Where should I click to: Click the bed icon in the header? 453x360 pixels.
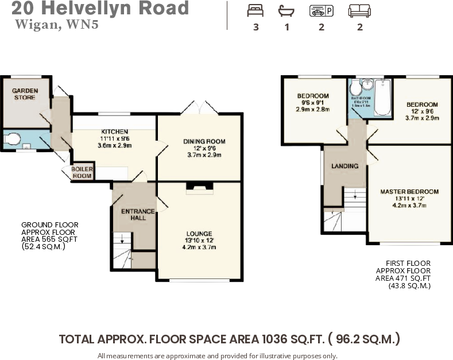pyautogui.click(x=255, y=11)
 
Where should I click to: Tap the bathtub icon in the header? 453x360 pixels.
pyautogui.click(x=285, y=11)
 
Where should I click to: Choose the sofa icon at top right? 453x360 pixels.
pyautogui.click(x=359, y=11)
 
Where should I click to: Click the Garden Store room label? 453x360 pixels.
pyautogui.click(x=25, y=94)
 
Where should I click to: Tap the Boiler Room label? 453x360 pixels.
pyautogui.click(x=82, y=173)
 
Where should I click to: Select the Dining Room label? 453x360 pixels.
pyautogui.click(x=204, y=141)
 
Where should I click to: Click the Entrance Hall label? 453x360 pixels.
pyautogui.click(x=137, y=215)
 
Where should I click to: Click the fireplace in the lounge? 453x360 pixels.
pyautogui.click(x=199, y=187)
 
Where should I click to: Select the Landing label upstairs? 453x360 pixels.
pyautogui.click(x=344, y=166)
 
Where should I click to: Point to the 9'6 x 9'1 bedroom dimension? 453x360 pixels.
pyautogui.click(x=313, y=102)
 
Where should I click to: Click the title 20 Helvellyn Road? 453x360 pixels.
pyautogui.click(x=100, y=9)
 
